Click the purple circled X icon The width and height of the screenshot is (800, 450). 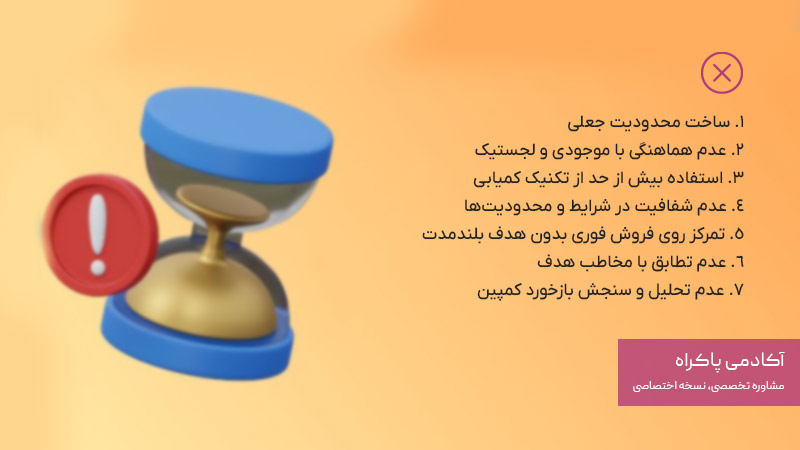coord(722,72)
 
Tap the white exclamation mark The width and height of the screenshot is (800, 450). coord(97,234)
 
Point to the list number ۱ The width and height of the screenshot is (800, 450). coord(741,123)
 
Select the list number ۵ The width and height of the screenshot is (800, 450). coord(740,235)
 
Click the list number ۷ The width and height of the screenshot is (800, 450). coord(740,291)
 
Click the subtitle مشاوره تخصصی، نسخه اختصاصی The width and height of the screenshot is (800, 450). coord(709,385)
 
